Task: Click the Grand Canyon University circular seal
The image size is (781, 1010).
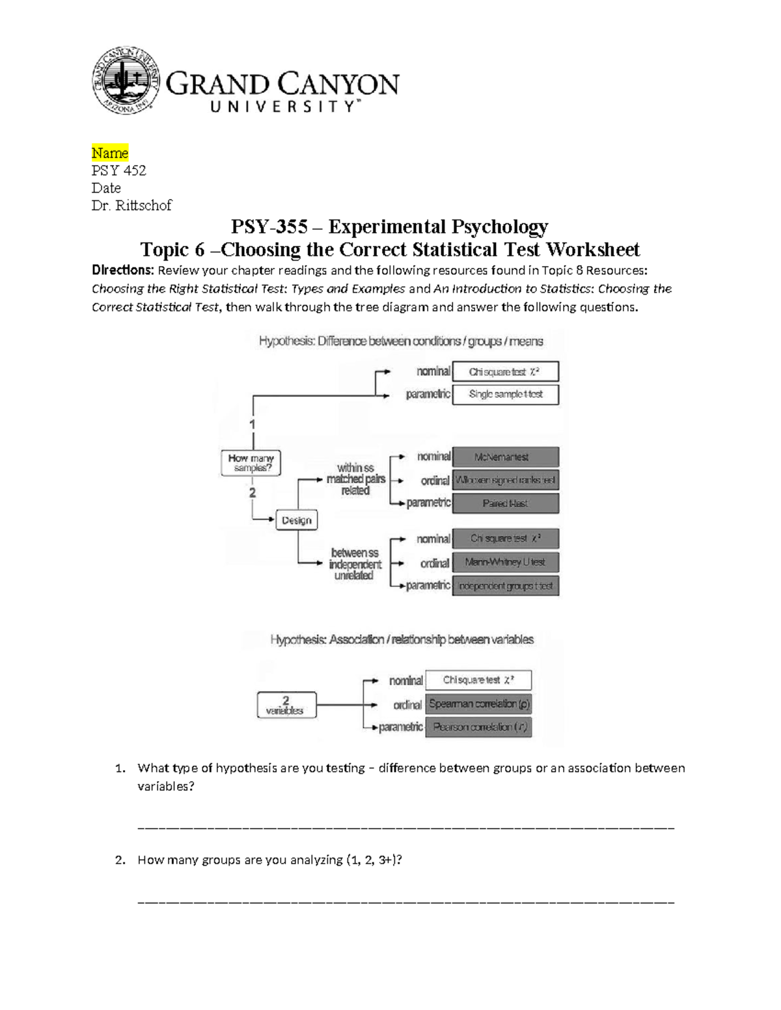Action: pos(126,81)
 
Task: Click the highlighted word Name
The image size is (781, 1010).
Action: pos(110,153)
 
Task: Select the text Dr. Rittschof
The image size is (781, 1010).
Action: pos(131,206)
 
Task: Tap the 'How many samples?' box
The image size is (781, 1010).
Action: pos(251,463)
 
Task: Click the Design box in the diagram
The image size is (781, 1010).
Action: pos(296,520)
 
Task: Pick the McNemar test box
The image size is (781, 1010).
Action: pos(505,457)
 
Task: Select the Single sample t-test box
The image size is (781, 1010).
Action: pos(505,394)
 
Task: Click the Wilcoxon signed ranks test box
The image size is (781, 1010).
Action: pos(505,480)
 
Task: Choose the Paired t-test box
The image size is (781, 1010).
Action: pos(505,503)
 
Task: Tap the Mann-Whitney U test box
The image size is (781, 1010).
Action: pos(505,562)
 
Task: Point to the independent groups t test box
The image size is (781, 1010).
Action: pos(505,586)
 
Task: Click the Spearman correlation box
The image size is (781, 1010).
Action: pos(478,704)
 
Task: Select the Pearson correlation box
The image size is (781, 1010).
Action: pos(478,727)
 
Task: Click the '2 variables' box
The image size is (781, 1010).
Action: pos(286,705)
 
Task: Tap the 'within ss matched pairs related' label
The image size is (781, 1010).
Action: pos(355,479)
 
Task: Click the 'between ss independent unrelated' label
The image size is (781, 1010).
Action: pos(355,564)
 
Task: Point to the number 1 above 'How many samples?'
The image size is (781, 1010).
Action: pos(253,424)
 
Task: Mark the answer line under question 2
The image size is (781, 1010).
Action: pos(406,901)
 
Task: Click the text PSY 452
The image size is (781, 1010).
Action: pos(118,170)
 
